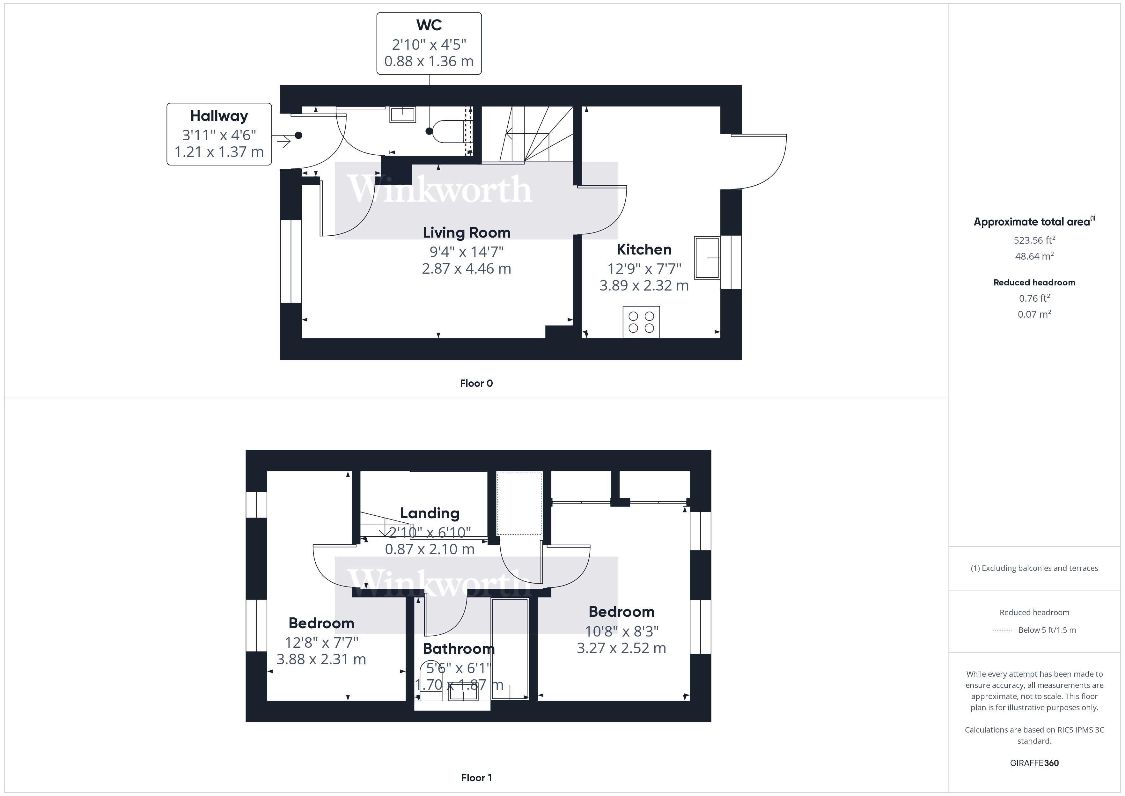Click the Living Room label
tap(467, 232)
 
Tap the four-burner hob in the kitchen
tap(641, 322)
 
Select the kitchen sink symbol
tap(707, 258)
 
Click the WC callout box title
tap(429, 25)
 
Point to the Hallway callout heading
tap(219, 116)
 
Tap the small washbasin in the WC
tap(402, 115)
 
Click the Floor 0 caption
tap(476, 383)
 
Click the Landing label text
tap(430, 513)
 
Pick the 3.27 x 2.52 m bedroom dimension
tap(621, 648)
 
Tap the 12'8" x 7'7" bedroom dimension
tap(321, 642)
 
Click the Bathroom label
tap(459, 649)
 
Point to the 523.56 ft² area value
tap(1034, 240)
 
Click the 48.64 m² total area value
tap(1034, 256)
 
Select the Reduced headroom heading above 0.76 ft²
tap(1034, 282)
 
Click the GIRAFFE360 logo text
tap(1034, 763)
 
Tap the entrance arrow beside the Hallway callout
tap(283, 142)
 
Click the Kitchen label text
tap(644, 249)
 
